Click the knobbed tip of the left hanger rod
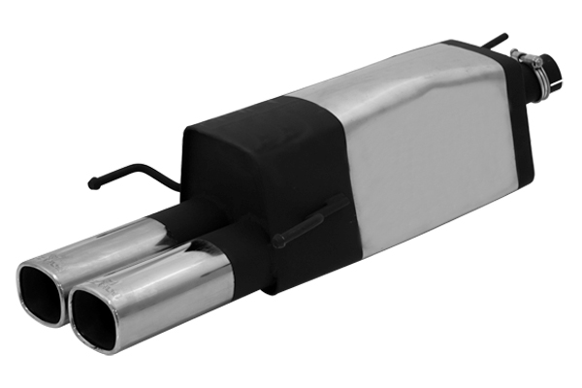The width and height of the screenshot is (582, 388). [93, 181]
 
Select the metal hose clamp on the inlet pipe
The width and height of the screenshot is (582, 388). [533, 66]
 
